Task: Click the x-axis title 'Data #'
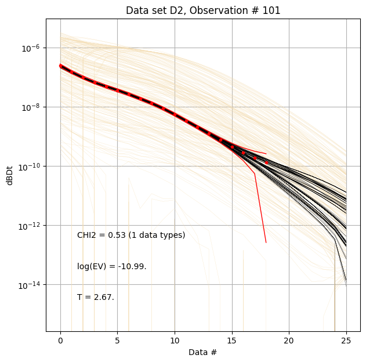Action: coord(203,352)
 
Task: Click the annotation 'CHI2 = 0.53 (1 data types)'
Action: coord(131,235)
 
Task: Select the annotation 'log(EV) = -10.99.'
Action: coord(111,266)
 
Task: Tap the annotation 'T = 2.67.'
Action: coord(96,297)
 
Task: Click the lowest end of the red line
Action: coord(266,242)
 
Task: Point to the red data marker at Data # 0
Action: coord(60,66)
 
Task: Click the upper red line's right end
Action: coord(266,154)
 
